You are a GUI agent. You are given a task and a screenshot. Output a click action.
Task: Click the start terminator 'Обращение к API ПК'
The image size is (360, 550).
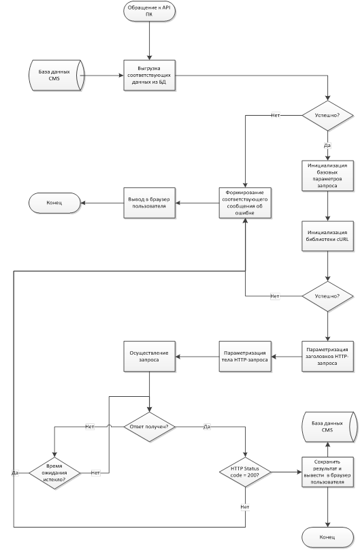[149, 11]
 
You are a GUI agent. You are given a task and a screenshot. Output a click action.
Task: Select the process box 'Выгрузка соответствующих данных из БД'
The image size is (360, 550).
[149, 76]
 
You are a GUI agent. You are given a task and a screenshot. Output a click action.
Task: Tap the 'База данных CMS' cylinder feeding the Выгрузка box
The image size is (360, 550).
[56, 76]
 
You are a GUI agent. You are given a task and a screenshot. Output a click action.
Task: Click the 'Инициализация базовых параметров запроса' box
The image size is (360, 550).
[328, 176]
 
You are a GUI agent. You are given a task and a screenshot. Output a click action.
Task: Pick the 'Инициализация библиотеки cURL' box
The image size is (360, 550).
[328, 236]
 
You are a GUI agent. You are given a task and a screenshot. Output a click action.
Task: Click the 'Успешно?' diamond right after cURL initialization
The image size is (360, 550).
[328, 296]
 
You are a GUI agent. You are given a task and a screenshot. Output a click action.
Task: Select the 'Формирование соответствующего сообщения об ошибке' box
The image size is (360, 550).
[245, 203]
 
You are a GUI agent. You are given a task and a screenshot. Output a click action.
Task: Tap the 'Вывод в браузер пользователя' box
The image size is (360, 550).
[149, 203]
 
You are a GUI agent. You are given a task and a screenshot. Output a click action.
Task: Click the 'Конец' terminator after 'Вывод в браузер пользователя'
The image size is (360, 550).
[54, 203]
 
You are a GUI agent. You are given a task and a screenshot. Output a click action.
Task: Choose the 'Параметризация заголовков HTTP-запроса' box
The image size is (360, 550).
[328, 357]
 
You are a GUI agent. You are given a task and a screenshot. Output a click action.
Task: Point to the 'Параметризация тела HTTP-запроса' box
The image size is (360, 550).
[245, 357]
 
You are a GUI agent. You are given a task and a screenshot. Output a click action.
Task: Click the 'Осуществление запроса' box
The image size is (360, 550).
[149, 357]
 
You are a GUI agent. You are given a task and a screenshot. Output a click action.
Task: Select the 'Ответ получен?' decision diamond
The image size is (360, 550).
[149, 427]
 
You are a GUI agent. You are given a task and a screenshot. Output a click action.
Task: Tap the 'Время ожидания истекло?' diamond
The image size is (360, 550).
[54, 473]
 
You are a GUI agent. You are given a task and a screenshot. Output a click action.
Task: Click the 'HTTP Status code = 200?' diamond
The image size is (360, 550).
[245, 472]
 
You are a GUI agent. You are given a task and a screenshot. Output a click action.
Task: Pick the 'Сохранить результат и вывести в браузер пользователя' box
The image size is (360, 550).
[328, 472]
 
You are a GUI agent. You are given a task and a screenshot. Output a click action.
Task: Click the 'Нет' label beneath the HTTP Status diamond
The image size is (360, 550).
[245, 507]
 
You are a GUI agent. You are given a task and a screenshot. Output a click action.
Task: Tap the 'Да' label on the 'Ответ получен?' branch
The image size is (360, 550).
[207, 427]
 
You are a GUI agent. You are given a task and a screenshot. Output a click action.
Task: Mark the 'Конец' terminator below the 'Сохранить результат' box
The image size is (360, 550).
[328, 537]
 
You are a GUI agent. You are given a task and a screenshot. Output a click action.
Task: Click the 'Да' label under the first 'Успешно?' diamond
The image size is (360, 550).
[327, 145]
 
